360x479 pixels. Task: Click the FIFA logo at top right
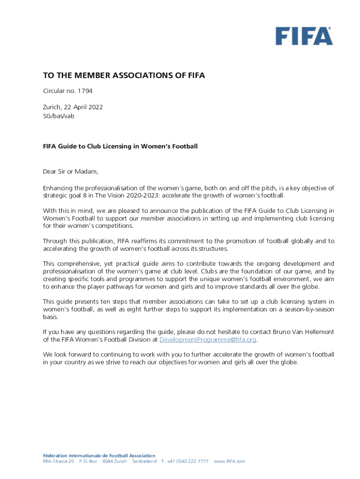click(x=304, y=36)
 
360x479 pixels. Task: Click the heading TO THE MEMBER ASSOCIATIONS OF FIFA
click(x=124, y=75)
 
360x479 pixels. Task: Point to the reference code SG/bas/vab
click(x=58, y=116)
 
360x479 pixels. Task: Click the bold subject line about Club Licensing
click(x=120, y=146)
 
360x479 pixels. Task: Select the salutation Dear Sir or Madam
click(x=71, y=172)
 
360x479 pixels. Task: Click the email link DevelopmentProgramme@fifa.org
click(x=208, y=340)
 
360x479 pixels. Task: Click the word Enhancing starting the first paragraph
click(x=58, y=188)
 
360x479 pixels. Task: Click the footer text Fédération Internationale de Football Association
click(x=99, y=456)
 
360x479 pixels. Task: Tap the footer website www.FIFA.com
click(x=229, y=462)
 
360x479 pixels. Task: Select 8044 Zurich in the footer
click(x=115, y=462)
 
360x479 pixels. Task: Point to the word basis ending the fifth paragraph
click(x=50, y=317)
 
